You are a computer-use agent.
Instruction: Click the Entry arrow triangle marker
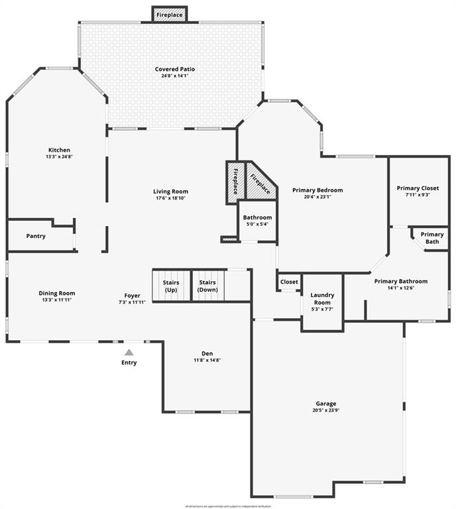pos(129,353)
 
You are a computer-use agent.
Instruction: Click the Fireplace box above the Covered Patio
pos(170,14)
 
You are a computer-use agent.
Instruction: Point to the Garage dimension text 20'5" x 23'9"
pos(325,411)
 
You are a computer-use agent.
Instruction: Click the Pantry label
pos(36,236)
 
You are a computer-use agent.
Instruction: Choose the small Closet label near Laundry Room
pos(289,282)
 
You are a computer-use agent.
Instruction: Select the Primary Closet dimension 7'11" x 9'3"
pos(418,195)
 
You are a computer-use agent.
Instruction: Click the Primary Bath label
pos(432,238)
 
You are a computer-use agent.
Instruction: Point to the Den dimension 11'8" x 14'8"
pos(207,360)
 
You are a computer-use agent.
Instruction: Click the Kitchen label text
pos(59,150)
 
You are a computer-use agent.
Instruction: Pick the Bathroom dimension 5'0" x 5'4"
pos(257,224)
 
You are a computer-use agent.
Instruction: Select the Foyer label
pos(133,295)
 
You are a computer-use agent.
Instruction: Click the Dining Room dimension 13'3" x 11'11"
pos(56,300)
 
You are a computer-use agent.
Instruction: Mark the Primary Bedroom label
pos(317,190)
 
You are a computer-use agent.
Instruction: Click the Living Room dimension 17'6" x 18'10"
pos(171,198)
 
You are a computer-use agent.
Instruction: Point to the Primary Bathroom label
pos(400,281)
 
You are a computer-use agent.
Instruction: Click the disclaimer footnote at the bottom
pos(227,506)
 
